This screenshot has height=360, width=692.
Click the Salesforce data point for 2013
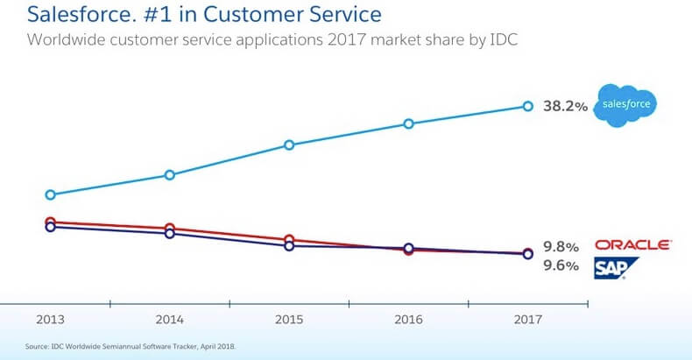pos(50,194)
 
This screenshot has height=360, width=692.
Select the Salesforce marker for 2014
pos(169,175)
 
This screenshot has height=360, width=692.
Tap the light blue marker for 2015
pos(289,145)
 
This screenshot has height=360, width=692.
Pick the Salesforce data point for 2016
pos(408,124)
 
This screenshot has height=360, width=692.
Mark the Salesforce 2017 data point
pos(527,106)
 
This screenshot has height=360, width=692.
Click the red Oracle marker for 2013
pos(50,222)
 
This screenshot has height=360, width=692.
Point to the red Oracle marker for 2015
pos(289,239)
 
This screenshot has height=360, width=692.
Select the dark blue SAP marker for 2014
pos(169,233)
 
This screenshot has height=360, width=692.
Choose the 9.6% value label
pos(561,266)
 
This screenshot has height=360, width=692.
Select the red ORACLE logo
pos(632,245)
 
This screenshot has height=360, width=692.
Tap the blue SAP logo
pos(617,268)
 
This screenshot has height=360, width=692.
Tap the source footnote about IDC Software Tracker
pos(131,347)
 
